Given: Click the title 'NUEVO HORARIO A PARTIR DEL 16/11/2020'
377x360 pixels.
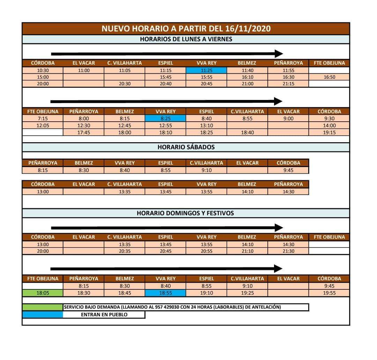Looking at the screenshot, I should click(x=186, y=29).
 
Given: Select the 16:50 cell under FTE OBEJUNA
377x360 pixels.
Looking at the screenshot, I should click(x=329, y=77).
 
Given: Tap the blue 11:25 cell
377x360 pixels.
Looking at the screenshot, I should click(x=206, y=71).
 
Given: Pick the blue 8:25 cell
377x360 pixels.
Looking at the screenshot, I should click(x=165, y=118).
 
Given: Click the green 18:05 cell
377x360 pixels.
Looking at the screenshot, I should click(x=43, y=293).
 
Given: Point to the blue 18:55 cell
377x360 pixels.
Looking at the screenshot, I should click(x=165, y=293).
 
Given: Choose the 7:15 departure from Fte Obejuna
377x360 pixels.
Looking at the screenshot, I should click(x=43, y=118).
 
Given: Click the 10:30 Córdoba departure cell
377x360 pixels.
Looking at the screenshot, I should click(x=43, y=71).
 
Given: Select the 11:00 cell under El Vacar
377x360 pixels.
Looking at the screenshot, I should click(x=84, y=71).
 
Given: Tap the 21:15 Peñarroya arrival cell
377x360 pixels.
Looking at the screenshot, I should click(x=288, y=84).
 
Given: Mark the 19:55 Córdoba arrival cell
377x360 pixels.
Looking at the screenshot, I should click(x=329, y=293).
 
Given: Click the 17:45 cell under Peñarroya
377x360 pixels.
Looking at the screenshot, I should click(x=84, y=132).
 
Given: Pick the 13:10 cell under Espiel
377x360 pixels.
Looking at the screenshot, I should click(x=206, y=125).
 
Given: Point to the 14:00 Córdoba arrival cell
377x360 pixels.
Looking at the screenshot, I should click(x=329, y=125).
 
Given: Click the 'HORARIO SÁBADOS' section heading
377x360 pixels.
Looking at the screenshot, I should click(x=186, y=147).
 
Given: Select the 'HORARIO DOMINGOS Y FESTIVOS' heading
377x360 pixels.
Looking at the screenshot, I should click(x=186, y=213).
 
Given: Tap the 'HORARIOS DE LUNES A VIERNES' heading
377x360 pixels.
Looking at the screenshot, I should click(x=186, y=39).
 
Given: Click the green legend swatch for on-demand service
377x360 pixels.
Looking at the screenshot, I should click(x=43, y=307).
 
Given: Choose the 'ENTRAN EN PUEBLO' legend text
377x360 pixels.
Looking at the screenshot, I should click(x=104, y=315).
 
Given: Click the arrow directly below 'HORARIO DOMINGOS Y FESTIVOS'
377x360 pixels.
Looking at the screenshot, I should click(x=167, y=228).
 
